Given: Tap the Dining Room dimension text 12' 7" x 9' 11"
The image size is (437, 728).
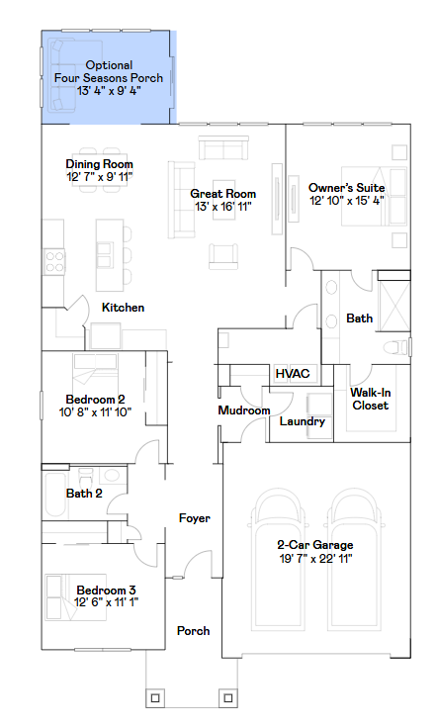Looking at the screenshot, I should coord(99,177).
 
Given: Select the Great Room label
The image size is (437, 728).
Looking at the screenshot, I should coord(223,194).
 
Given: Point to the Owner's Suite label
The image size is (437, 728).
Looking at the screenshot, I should coord(346,187).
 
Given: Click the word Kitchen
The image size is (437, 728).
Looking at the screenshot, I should coord(123,308).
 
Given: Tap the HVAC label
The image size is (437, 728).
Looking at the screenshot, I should coord(293,374).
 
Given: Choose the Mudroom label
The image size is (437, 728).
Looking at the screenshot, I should coord(244,410).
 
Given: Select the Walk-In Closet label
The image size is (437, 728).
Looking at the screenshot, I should coord(369,399).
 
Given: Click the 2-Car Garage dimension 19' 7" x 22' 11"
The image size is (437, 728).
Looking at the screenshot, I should coord(314,559).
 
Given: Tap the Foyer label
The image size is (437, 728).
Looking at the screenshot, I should coord(194,518).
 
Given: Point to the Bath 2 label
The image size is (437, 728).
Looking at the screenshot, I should coord(84,493).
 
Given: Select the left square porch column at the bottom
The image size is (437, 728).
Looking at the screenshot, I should coord(155,699).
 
